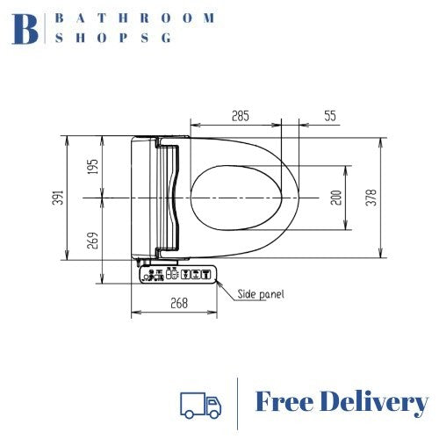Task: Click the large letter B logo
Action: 26,28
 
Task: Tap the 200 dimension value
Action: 335,198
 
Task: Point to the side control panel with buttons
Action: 176,275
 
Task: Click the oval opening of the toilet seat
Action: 236,198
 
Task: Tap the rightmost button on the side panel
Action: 206,275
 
